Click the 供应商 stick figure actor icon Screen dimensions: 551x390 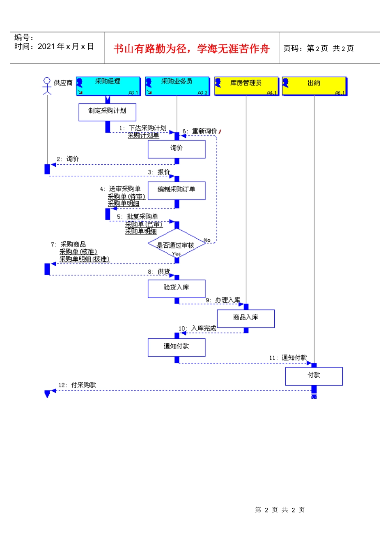point(47,85)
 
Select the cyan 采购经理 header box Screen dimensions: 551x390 point(108,86)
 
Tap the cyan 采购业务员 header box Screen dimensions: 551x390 point(177,86)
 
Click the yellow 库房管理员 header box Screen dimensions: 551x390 point(246,86)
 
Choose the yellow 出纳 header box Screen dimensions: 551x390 point(314,86)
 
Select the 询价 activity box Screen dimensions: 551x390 point(177,149)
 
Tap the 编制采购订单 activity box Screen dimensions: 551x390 point(177,191)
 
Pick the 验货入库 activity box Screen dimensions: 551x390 point(177,288)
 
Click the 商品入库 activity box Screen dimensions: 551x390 point(245,318)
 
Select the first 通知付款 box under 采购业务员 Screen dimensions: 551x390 point(177,347)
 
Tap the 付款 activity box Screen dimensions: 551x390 point(314,376)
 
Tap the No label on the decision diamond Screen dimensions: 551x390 point(207,240)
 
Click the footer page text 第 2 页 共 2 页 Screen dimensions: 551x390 point(280,510)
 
